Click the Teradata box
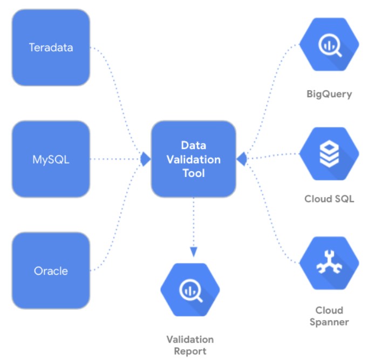51,47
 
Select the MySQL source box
51,159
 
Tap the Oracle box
51,270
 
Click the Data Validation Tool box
193,159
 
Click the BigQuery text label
329,94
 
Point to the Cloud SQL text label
329,199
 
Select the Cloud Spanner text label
329,316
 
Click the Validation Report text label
190,345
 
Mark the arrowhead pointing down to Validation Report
193,252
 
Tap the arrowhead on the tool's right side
242,159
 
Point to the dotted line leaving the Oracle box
121,237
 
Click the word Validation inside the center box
193,160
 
